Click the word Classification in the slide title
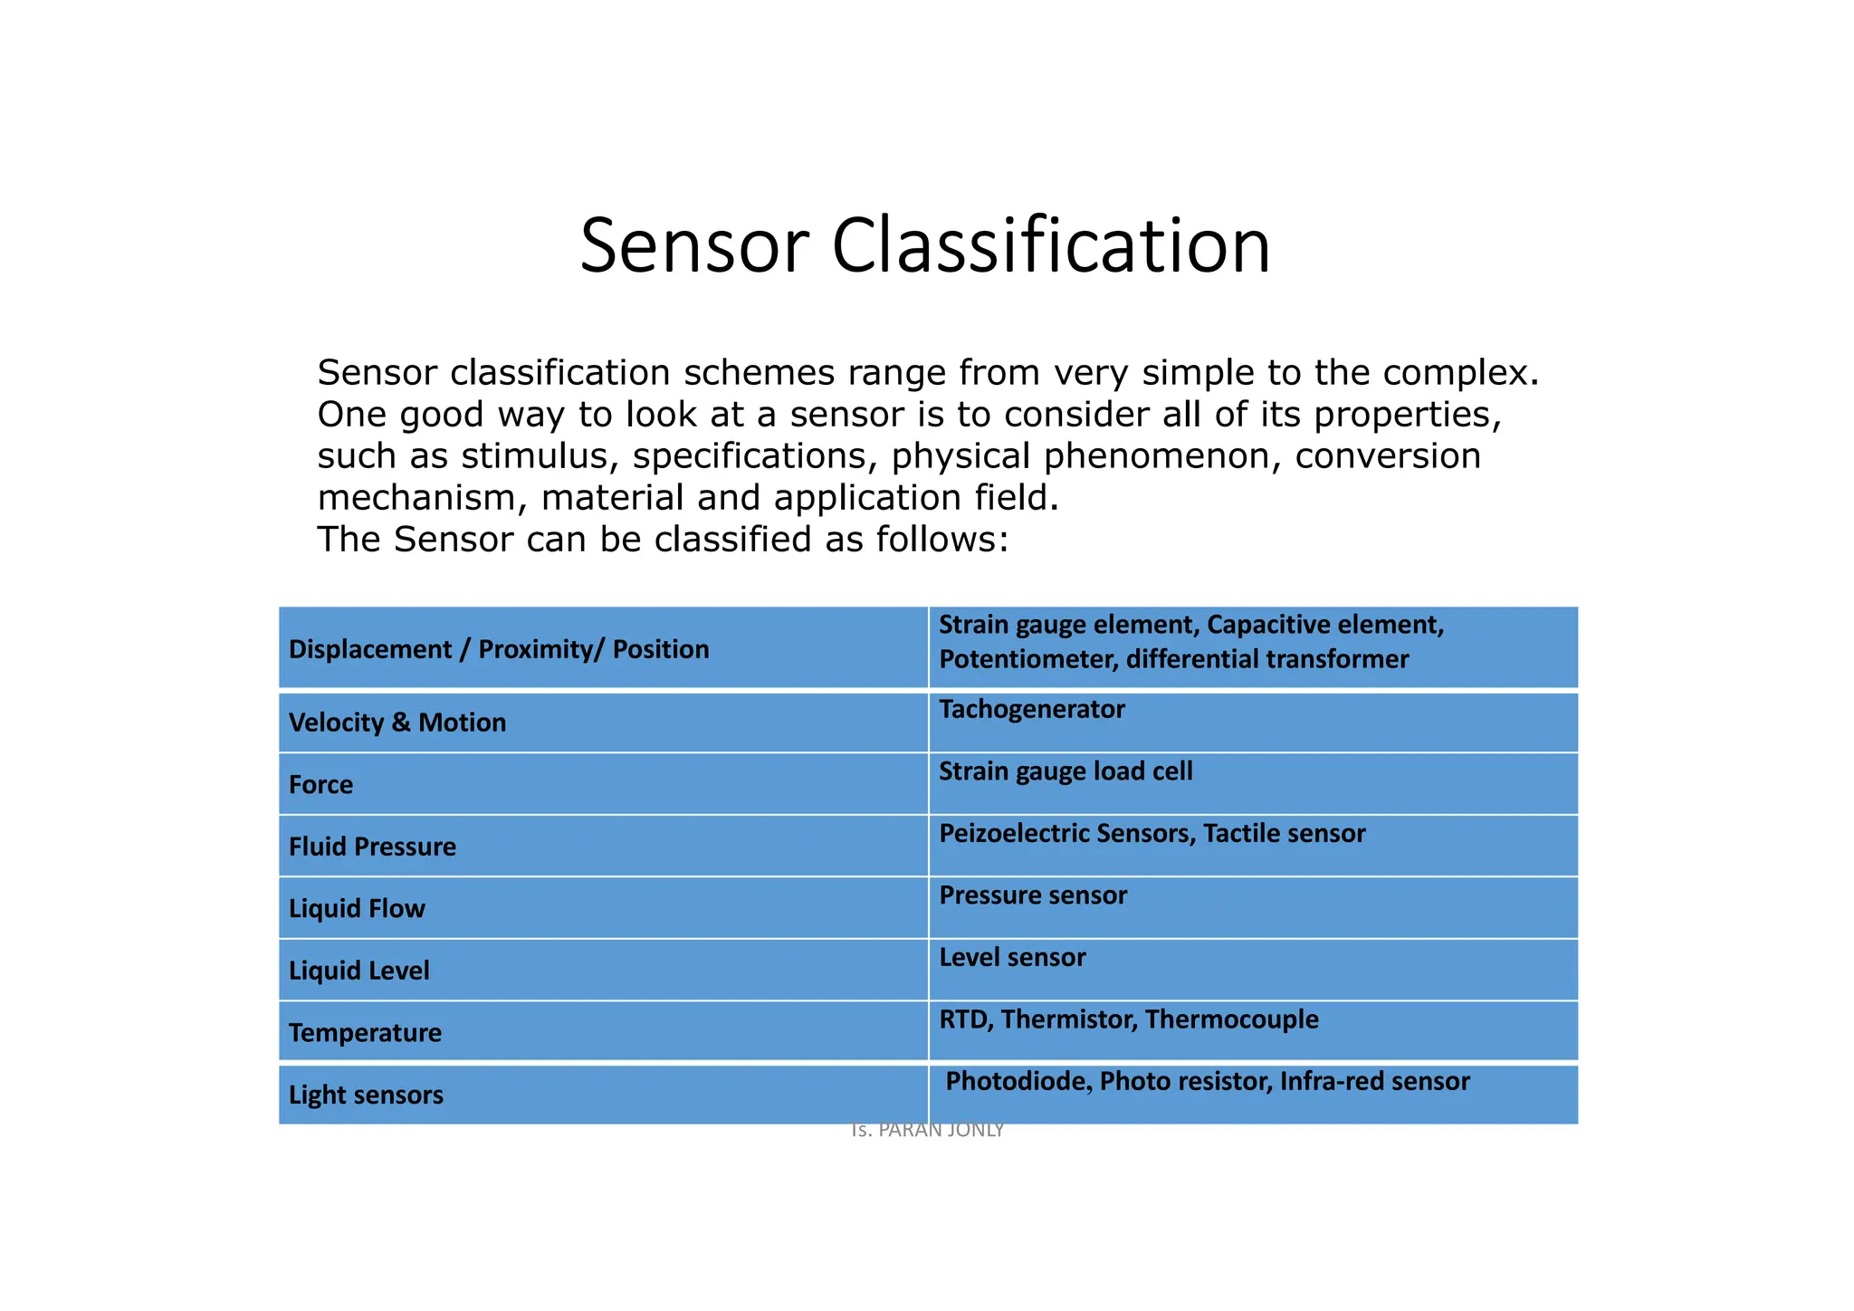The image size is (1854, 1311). click(x=1051, y=246)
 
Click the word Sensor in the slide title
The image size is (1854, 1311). click(x=693, y=246)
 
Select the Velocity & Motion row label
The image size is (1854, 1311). click(x=397, y=722)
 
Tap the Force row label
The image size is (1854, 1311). click(x=320, y=784)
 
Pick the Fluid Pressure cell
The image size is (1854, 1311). click(x=372, y=847)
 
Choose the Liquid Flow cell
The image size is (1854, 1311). click(x=357, y=908)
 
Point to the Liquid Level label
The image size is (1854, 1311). click(x=358, y=971)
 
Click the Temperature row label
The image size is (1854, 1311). click(x=365, y=1032)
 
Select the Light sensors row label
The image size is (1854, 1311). click(x=366, y=1095)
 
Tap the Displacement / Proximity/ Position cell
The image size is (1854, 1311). click(x=499, y=649)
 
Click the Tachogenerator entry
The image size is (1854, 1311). click(x=1031, y=709)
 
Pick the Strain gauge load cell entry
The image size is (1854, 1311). click(x=1066, y=771)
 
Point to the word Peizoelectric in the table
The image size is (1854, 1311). click(x=1013, y=833)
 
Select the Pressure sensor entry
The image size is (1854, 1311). click(x=1033, y=895)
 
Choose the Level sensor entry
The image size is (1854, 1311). click(x=1012, y=957)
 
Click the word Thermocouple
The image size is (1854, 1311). click(x=1231, y=1019)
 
